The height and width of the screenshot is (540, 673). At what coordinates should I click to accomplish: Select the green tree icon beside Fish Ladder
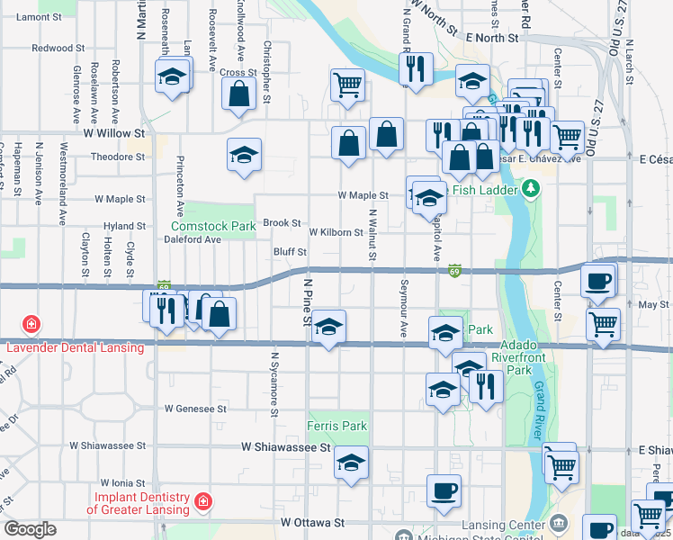(x=531, y=189)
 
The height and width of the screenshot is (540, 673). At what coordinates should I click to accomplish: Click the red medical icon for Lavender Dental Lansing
(x=31, y=323)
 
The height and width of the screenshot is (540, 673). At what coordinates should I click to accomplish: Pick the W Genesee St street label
(x=195, y=408)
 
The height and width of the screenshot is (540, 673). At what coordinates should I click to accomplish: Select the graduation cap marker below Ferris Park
(x=352, y=463)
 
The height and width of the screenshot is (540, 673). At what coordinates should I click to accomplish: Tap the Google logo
(x=30, y=529)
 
